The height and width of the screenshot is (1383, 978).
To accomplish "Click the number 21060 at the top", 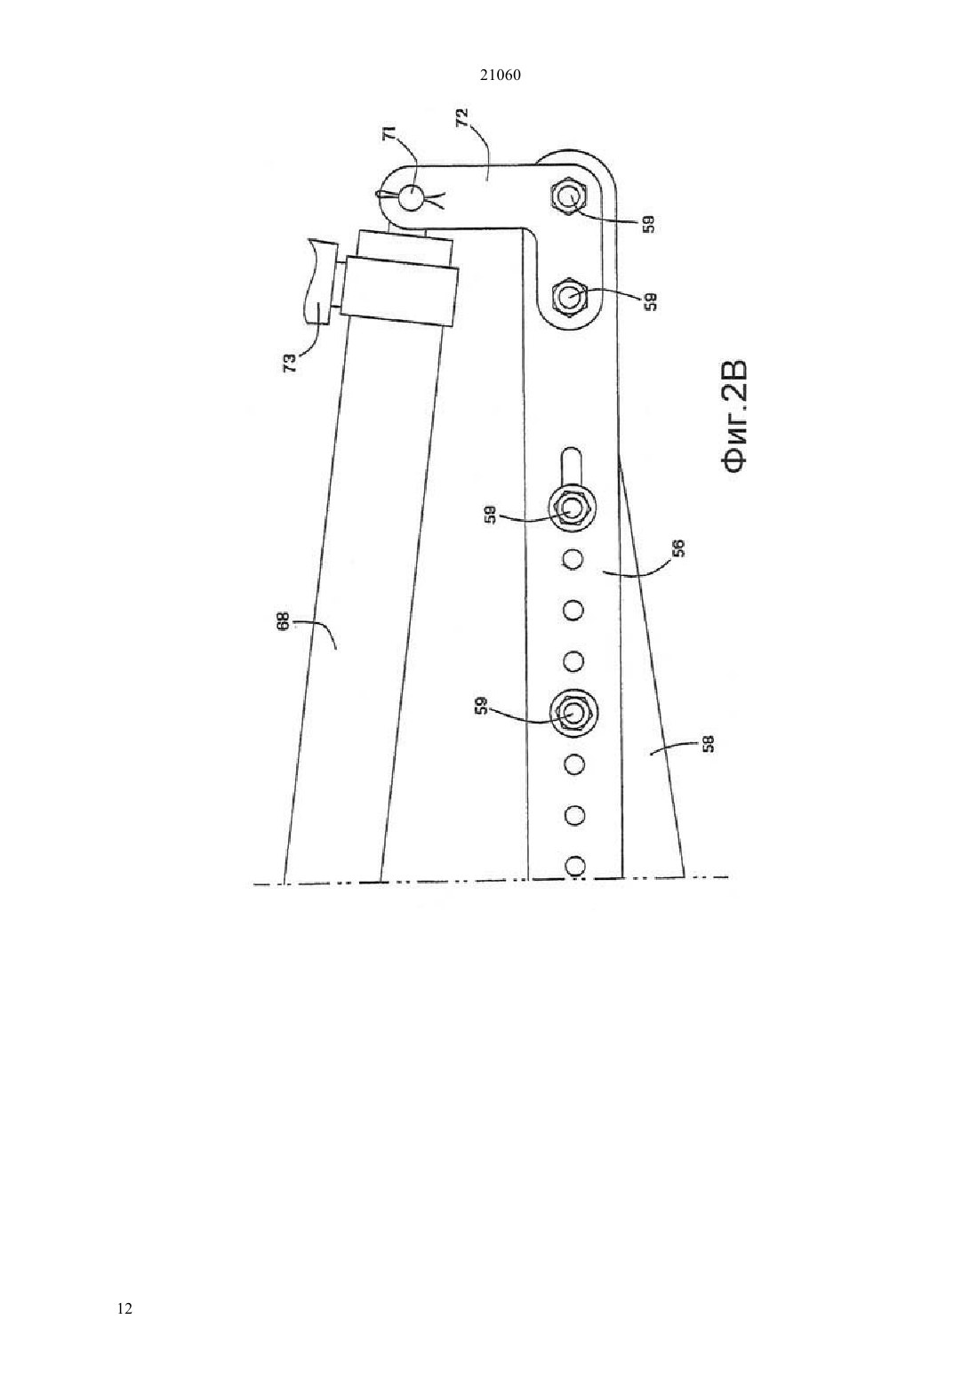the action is tap(500, 76).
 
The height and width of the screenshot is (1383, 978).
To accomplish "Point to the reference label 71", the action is tap(392, 136).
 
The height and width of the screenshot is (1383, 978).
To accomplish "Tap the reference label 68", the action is tap(282, 621).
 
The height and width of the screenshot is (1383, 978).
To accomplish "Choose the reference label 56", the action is tap(677, 549).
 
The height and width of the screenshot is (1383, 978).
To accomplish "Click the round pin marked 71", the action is tap(409, 198).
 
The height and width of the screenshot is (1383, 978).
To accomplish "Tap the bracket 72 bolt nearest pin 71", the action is tap(569, 198).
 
